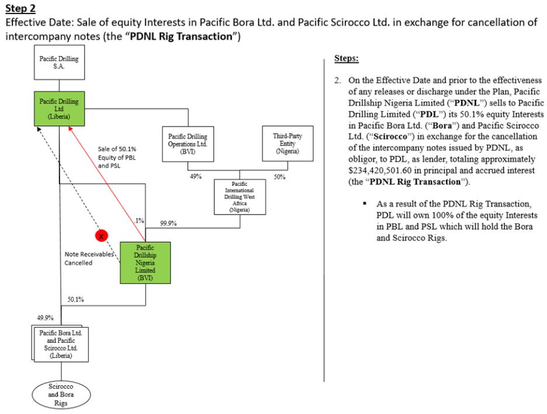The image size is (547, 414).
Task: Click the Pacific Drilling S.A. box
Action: (59, 63)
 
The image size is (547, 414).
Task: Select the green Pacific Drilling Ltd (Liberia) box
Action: (59, 108)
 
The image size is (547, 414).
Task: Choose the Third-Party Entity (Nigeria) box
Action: (287, 142)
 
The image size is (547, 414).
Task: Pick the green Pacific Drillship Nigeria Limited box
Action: (144, 263)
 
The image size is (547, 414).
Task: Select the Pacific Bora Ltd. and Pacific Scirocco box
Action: (57, 341)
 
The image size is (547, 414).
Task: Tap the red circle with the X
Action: (101, 237)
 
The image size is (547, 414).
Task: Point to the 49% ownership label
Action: (195, 176)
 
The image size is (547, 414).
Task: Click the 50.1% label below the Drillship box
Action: (75, 300)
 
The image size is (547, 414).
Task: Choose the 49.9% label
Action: (45, 318)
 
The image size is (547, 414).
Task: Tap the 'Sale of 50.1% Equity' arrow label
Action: (117, 157)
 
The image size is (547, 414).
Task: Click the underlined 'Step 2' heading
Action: (19, 8)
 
